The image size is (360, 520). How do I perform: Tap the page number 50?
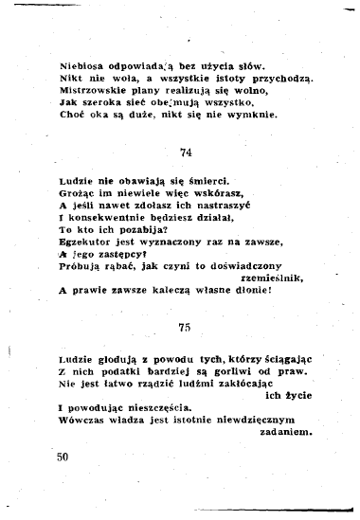coord(63,457)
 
